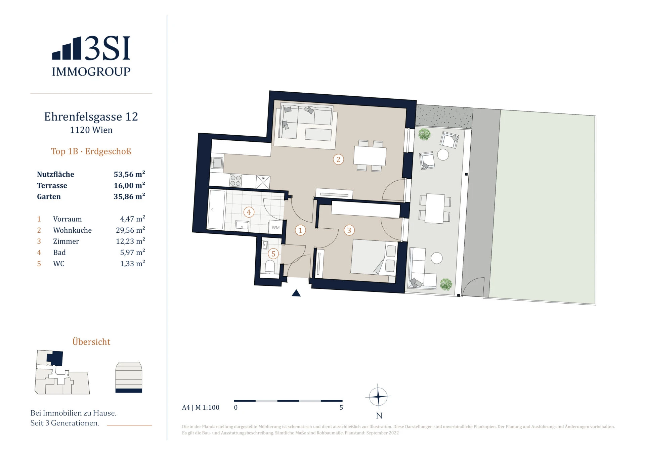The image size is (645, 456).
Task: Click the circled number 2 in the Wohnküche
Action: coord(338,159)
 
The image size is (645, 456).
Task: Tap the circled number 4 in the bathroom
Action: coord(249,212)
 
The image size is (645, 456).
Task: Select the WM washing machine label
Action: coord(275,227)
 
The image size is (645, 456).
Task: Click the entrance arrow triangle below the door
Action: coord(296,293)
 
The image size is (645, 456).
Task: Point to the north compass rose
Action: coord(378,397)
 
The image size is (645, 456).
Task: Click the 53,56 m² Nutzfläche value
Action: coord(129,174)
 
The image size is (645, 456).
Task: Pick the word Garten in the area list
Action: coord(49,196)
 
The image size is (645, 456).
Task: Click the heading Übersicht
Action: coord(91,341)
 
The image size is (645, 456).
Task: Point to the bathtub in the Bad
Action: coord(217,210)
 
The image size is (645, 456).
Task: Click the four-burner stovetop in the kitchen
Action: coord(235,180)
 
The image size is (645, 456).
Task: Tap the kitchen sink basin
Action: coord(217,163)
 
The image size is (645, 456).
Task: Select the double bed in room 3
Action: coord(374,257)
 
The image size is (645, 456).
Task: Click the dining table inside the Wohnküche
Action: coord(370,155)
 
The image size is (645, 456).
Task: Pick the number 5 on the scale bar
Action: coord(341,407)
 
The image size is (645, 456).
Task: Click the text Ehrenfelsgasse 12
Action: coord(91,117)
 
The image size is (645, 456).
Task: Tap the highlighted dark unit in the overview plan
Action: coord(55,358)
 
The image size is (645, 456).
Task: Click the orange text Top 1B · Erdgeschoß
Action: coord(91,151)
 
